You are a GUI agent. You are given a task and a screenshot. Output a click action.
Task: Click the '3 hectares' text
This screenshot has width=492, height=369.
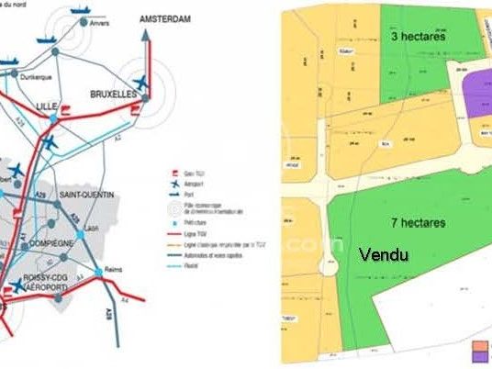(x=418, y=38)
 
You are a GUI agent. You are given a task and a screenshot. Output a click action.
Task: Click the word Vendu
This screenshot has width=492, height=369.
(x=384, y=254)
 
